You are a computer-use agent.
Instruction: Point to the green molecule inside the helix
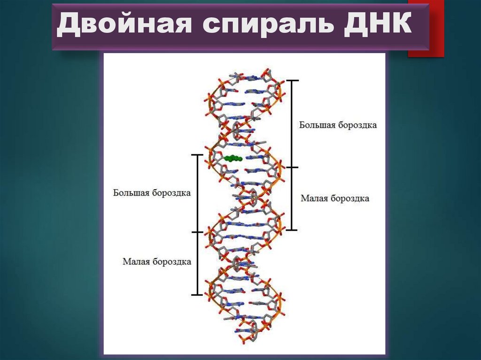233,159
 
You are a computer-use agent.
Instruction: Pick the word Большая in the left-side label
130,193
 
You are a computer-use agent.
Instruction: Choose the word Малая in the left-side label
137,261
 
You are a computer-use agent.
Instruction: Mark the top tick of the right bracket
292,81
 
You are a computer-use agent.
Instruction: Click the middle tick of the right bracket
292,167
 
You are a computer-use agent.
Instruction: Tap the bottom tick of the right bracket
292,230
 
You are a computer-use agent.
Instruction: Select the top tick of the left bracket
197,154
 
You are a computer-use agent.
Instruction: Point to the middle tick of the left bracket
197,232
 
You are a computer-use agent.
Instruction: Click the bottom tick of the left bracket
197,295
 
